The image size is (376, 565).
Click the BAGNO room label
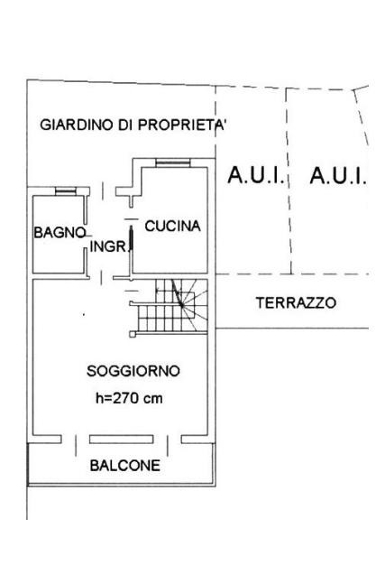click(60, 233)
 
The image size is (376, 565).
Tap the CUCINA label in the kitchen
click(172, 226)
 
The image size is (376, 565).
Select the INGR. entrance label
click(108, 246)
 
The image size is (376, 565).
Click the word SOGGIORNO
click(133, 371)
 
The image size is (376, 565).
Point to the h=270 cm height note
click(129, 398)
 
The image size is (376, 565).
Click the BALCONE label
click(125, 466)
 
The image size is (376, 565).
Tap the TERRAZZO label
click(296, 302)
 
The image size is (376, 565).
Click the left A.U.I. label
click(256, 175)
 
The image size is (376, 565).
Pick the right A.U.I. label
click(338, 175)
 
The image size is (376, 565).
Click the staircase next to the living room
click(169, 307)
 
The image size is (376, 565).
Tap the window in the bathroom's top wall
click(66, 191)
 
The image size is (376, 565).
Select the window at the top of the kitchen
click(173, 163)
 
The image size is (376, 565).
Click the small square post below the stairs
click(133, 334)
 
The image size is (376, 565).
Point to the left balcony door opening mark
click(76, 446)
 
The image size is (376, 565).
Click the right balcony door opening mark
click(168, 446)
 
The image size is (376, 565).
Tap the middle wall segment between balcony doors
click(122, 440)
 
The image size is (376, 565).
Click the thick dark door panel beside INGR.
click(132, 238)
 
